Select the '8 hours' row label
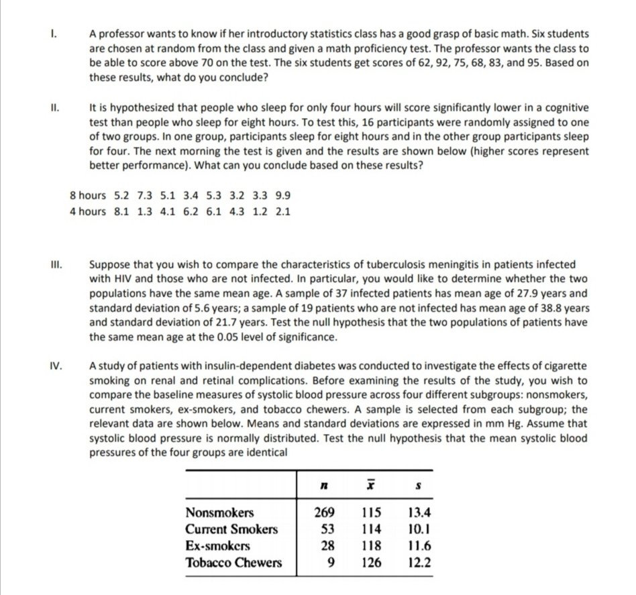click(88, 196)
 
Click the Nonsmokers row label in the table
click(219, 513)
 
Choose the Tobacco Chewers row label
click(233, 562)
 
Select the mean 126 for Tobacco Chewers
click(371, 562)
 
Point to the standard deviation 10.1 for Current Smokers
click(419, 529)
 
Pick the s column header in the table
click(419, 484)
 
